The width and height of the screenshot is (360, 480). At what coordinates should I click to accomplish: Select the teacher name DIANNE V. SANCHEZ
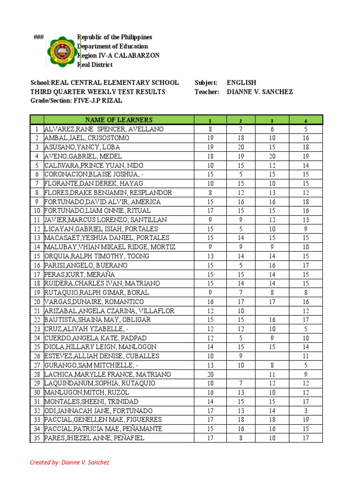260,92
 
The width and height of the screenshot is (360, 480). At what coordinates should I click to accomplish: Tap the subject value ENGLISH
241,82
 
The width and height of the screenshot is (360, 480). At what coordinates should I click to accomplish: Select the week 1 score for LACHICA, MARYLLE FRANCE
210,375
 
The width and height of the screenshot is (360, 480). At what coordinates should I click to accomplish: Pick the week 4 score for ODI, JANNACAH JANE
306,411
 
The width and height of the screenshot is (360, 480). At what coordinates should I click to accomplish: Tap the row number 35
37,438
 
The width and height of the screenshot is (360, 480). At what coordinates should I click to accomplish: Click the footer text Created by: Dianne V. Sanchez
69,463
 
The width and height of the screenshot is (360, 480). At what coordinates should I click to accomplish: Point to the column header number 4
306,120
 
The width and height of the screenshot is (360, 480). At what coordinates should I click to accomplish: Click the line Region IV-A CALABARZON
118,55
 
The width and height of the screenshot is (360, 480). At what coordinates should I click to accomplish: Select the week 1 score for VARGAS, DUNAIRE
210,301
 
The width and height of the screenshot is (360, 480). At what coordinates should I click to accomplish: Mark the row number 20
37,301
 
